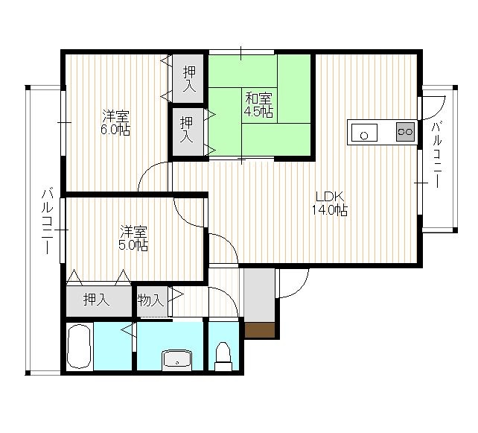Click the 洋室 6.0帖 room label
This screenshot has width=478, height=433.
pos(116,122)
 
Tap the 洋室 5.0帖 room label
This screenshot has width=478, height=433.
pos(133,238)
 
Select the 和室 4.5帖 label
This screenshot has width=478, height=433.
pos(258,105)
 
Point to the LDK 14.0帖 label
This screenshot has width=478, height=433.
pos(330,203)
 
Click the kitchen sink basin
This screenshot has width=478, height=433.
pos(364,133)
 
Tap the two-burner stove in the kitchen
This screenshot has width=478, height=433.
pos(406,132)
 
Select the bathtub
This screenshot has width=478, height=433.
pos(79,347)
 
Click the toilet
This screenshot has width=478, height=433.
pos(223,356)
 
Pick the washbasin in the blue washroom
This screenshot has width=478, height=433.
pos(176,359)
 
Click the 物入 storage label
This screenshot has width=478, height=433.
pos(150,300)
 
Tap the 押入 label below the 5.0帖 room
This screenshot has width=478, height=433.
pos(96,300)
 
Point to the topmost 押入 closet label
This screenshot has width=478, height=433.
pos(189,79)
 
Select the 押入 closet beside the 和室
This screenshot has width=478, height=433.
pos(186,130)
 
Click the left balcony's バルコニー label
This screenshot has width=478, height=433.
pos(47,221)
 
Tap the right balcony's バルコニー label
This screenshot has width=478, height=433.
pos(436,154)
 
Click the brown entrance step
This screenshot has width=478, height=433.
pos(260,330)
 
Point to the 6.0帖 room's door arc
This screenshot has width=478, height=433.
pos(147,170)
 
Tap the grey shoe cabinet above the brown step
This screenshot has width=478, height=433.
pos(260,295)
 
